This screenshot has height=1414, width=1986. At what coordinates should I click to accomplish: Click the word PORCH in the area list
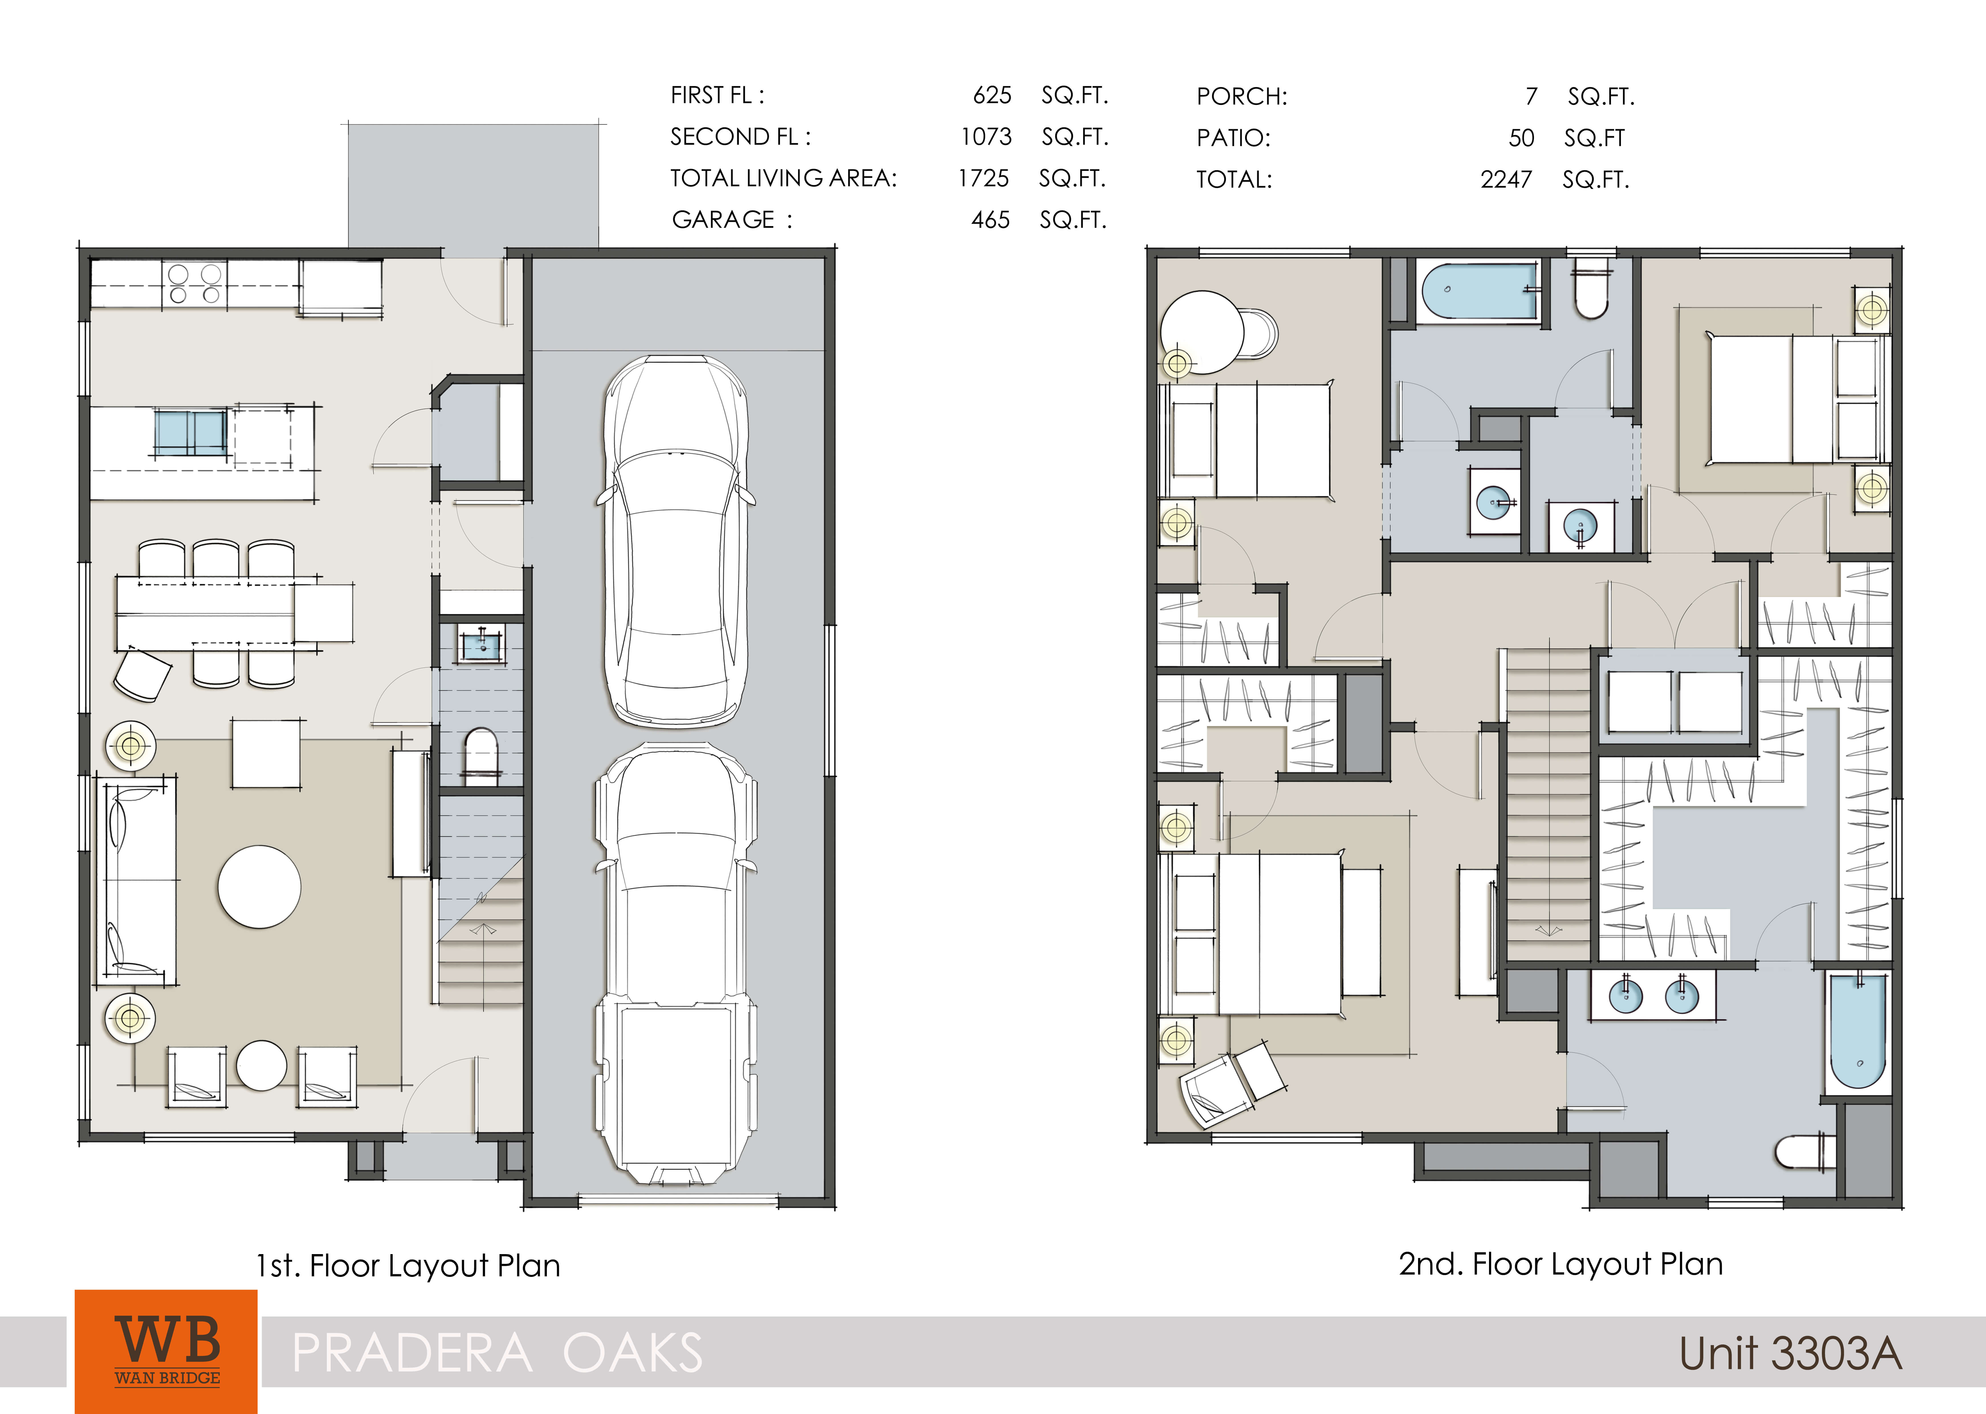(1241, 97)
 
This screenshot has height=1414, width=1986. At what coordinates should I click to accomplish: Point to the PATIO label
(1233, 138)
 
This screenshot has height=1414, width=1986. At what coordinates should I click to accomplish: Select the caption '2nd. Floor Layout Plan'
(1560, 1264)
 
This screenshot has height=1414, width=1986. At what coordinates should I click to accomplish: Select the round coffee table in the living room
(259, 886)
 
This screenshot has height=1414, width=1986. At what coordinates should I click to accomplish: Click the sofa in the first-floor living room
(138, 879)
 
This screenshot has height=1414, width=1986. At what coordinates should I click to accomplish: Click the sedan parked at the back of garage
(675, 540)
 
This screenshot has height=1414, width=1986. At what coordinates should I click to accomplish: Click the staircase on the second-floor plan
(1547, 801)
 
